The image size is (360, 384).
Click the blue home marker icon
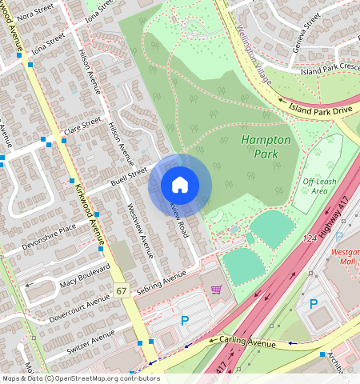(x=180, y=186)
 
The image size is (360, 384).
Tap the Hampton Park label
(x=266, y=146)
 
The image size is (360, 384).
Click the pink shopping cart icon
(x=215, y=289)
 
